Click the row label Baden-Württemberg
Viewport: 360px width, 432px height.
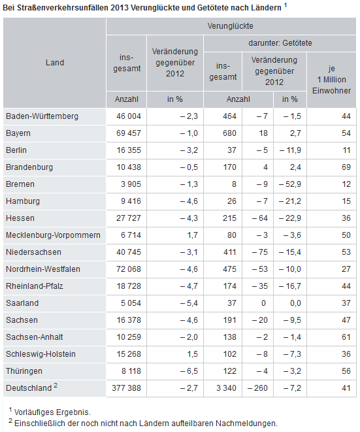[x=42, y=116]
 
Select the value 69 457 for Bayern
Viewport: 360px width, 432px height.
[x=129, y=133]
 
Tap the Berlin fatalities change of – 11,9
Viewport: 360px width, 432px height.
[x=290, y=150]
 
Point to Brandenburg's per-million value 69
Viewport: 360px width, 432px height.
[x=346, y=167]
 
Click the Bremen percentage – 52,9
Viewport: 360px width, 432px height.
[x=290, y=184]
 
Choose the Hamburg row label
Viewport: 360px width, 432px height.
[x=23, y=201]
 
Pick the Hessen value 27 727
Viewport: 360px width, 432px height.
[x=129, y=218]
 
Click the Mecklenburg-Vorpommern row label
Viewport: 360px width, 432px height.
[x=53, y=235]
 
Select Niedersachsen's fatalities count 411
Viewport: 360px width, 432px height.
[x=229, y=252]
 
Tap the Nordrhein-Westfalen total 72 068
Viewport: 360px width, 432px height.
[x=129, y=269]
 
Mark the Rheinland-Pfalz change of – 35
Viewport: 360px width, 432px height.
[x=260, y=286]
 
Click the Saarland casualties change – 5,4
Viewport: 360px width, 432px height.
[x=189, y=303]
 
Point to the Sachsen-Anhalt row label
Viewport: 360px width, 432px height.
[x=35, y=337]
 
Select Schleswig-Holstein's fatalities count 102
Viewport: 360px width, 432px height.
[x=229, y=354]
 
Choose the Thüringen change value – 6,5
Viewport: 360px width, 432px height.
[x=189, y=371]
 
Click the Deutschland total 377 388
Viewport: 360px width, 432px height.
[x=127, y=388]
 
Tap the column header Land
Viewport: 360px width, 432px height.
[x=55, y=63]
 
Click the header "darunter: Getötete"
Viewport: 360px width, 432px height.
[x=280, y=43]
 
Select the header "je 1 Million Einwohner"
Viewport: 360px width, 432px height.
[x=332, y=80]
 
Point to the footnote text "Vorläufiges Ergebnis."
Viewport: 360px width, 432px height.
[x=52, y=412]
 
